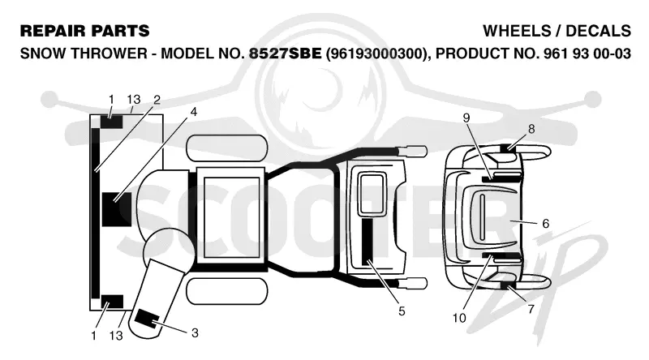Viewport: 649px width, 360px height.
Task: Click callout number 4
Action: click(193, 112)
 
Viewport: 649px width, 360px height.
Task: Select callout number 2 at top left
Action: click(157, 100)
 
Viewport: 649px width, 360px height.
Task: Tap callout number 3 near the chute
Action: click(195, 332)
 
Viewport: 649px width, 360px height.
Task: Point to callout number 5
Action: click(402, 311)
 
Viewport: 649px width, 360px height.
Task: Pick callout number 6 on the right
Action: click(545, 224)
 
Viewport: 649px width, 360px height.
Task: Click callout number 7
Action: click(531, 309)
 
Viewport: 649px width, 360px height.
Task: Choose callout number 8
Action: click(531, 129)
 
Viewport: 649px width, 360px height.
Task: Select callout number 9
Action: click(466, 118)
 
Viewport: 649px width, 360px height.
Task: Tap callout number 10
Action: click(459, 318)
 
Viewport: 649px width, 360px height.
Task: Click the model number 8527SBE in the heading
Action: click(285, 54)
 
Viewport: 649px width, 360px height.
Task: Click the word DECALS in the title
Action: click(598, 31)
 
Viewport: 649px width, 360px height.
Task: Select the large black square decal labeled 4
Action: click(117, 209)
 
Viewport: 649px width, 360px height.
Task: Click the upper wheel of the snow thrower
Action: click(227, 148)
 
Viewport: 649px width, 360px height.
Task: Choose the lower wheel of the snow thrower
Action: click(227, 291)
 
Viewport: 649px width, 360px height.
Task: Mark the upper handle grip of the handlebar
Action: click(413, 150)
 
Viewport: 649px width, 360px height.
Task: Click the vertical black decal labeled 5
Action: click(367, 242)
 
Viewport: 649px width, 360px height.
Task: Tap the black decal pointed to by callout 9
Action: click(501, 178)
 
